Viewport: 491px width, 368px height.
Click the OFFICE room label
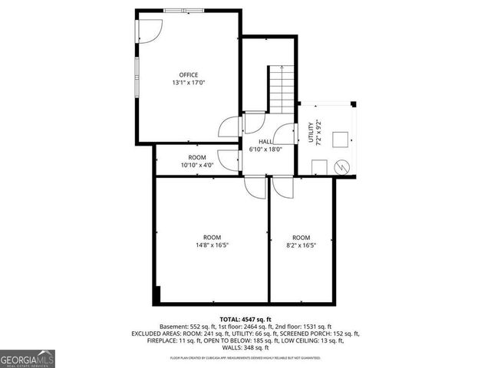click(x=189, y=74)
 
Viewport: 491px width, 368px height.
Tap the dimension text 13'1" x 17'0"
click(x=189, y=82)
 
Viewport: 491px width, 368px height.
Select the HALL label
click(x=265, y=142)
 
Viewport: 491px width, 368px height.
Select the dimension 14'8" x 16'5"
click(x=212, y=245)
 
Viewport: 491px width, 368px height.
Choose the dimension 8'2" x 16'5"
click(x=301, y=245)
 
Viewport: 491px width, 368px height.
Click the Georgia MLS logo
click(x=27, y=358)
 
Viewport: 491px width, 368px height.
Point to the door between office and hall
click(x=228, y=127)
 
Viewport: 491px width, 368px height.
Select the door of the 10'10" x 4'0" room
click(x=228, y=159)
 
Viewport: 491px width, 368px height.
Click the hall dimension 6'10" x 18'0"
click(x=265, y=149)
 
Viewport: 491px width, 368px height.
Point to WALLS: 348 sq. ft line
click(x=245, y=347)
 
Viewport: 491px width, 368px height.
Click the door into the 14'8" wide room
click(x=254, y=186)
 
